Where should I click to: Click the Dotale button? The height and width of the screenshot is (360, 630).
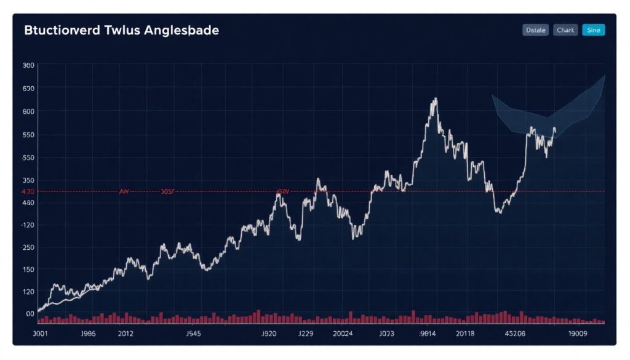point(535,30)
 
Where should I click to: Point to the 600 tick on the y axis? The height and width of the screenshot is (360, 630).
point(28,111)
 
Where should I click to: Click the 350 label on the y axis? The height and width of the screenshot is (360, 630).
point(28,180)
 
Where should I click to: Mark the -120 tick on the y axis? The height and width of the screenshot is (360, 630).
point(28,225)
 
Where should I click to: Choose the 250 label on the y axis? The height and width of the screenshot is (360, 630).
point(28,247)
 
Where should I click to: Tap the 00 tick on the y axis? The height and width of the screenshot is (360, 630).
point(30,314)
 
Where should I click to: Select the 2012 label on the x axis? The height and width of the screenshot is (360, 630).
point(126,335)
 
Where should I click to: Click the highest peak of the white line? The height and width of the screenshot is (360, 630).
point(435,98)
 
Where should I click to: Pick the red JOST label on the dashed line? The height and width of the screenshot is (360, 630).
point(167,191)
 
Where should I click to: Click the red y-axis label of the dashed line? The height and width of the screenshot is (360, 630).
point(28,191)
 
